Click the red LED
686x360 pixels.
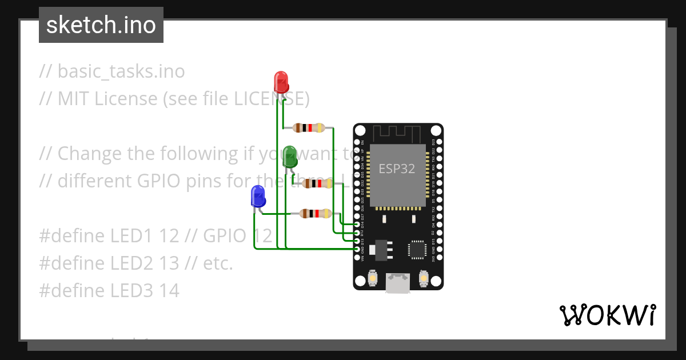coord(281,82)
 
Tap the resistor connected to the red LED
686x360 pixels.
coord(309,127)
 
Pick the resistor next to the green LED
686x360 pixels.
coord(318,183)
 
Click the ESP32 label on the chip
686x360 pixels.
coord(397,169)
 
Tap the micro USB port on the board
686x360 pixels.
coord(397,283)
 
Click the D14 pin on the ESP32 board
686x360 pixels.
coord(357,224)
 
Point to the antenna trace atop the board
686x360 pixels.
coord(397,133)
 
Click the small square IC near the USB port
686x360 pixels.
coord(417,250)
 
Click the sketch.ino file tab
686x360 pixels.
coord(101,25)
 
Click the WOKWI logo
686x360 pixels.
coord(607,315)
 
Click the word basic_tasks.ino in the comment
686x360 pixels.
coord(121,71)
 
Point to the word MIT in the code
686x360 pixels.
coord(74,99)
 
